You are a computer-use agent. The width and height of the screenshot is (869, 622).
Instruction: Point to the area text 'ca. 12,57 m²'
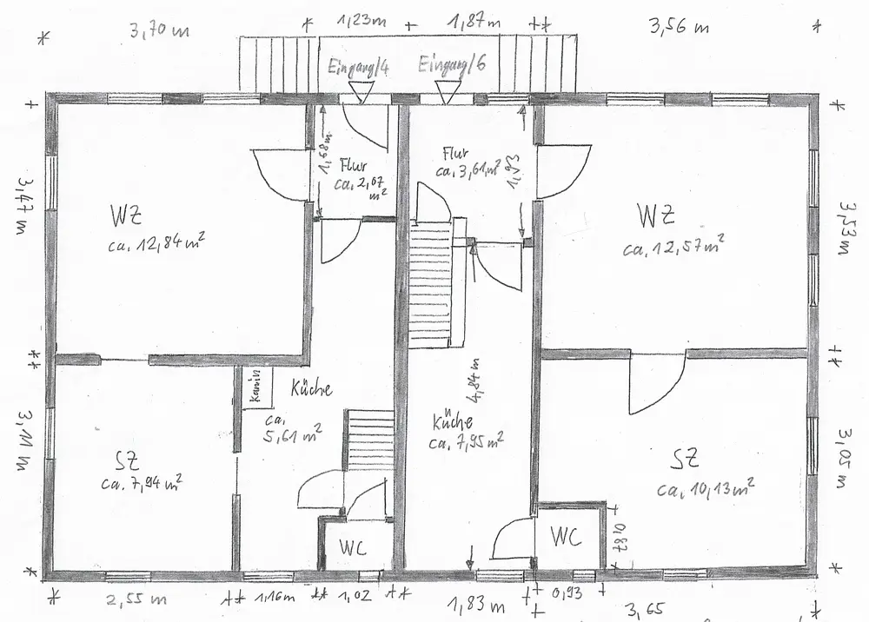click(673, 248)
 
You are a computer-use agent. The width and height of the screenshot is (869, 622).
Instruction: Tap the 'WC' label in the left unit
click(352, 548)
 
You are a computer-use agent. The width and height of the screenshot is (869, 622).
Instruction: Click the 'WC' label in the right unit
click(564, 536)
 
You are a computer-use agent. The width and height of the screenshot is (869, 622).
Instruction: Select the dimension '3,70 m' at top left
click(159, 33)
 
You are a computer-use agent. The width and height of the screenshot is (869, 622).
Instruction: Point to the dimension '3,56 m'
click(680, 26)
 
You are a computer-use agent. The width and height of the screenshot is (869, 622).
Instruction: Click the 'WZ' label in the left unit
click(127, 214)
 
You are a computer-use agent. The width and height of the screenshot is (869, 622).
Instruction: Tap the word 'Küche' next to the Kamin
click(311, 389)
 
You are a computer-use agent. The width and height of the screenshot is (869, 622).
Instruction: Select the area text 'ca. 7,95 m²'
click(467, 441)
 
